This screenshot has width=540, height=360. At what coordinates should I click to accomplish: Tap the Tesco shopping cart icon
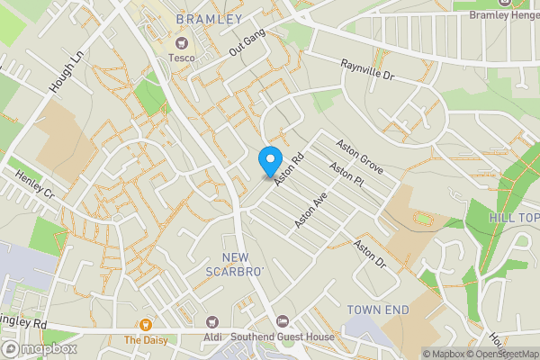[x=181, y=42]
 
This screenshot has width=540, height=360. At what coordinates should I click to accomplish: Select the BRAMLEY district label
[x=209, y=19]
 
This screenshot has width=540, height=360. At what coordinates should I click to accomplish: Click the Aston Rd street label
[x=290, y=168]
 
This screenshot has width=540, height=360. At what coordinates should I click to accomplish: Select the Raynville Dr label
[x=368, y=72]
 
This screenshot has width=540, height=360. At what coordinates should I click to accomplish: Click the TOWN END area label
[x=378, y=310]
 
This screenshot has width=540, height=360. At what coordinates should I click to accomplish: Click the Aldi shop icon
[x=212, y=321]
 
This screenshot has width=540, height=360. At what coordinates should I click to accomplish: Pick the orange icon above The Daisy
[x=144, y=324]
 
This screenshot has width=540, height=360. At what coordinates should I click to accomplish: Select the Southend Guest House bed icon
[x=283, y=321]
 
